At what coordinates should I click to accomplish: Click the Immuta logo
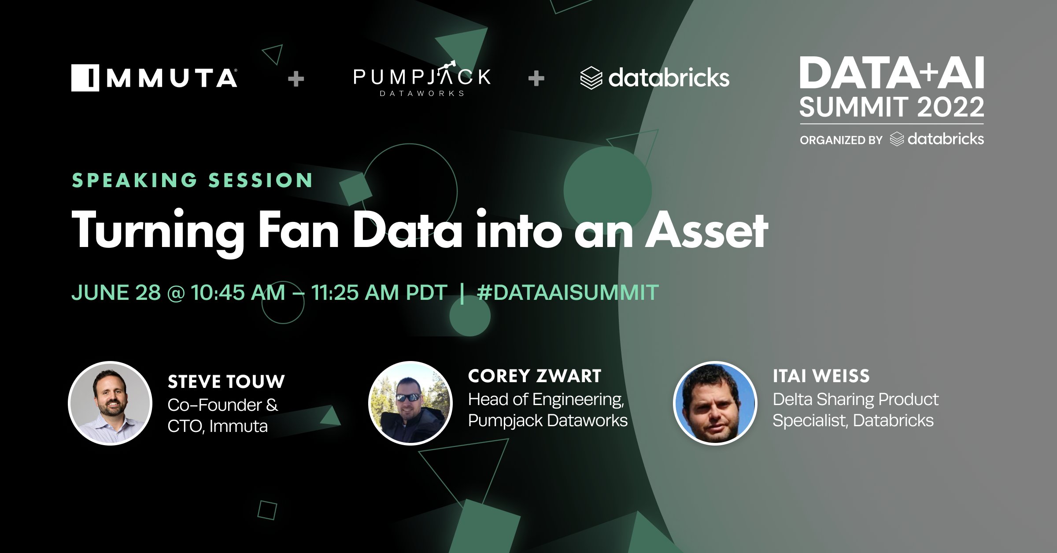point(154,78)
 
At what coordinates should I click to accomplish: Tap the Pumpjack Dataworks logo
point(422,79)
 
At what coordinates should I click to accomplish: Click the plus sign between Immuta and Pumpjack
point(296,79)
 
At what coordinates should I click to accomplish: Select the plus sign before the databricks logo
point(536,78)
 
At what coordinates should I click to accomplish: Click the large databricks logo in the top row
point(655,78)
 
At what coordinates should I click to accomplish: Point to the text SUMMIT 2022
point(891,107)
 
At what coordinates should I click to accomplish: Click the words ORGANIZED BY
point(841,140)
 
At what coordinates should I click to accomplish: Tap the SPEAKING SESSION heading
point(192,180)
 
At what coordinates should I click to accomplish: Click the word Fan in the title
point(298,230)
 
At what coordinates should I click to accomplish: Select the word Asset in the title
point(706,230)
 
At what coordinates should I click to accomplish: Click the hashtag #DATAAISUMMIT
point(568,292)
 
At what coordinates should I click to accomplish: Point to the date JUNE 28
point(116,292)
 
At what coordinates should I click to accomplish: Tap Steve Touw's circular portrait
point(110,403)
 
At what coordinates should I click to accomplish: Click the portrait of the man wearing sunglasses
point(410,403)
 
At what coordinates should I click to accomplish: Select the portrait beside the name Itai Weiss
point(715,403)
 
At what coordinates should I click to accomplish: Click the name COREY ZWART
point(535,376)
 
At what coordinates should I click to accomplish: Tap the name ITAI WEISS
point(821,376)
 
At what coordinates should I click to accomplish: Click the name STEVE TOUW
point(226,382)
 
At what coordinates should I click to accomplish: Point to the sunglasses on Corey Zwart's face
point(408,397)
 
